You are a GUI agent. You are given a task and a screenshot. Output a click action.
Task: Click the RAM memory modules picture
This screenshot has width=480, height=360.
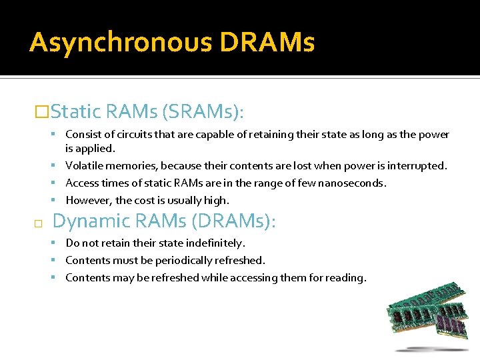click(x=427, y=317)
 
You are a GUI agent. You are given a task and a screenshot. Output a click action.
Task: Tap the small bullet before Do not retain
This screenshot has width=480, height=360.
click(x=59, y=243)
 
